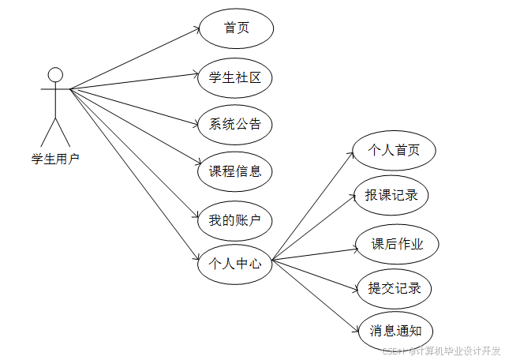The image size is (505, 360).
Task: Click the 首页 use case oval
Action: (236, 28)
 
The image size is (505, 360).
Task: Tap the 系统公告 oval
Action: (235, 124)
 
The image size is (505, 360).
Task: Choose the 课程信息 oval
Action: (235, 171)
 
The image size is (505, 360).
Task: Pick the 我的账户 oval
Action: (234, 220)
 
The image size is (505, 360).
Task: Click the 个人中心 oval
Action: (234, 264)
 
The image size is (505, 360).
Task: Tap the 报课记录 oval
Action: (391, 195)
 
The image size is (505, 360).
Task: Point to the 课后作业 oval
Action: (397, 244)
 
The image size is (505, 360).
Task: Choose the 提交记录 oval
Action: (395, 287)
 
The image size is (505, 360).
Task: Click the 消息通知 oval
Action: (395, 332)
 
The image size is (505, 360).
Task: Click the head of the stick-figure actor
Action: (54, 75)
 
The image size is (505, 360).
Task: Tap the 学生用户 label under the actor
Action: (55, 159)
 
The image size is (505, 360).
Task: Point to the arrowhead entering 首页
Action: (196, 30)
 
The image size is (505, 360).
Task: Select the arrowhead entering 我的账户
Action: (196, 218)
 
